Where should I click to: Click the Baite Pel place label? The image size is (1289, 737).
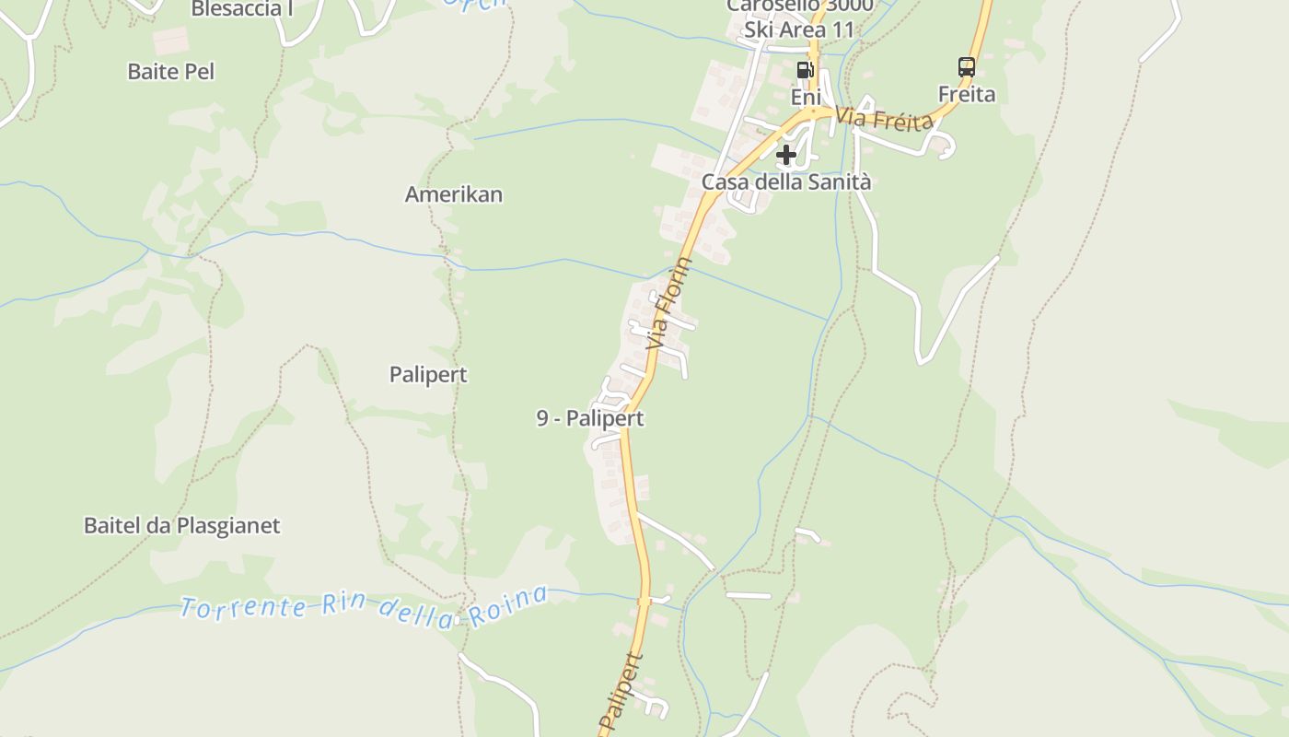[170, 71]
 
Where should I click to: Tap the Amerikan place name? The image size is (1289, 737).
[454, 194]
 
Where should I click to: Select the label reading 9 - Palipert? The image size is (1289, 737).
[590, 418]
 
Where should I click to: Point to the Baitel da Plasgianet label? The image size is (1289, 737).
[181, 526]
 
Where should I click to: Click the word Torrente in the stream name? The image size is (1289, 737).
[244, 607]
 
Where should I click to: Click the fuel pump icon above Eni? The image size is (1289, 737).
[806, 70]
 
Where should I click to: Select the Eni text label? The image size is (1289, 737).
[806, 98]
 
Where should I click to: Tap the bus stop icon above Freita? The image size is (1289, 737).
[966, 66]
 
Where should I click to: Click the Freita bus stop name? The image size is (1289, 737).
[967, 94]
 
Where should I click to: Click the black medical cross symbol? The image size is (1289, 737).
[785, 155]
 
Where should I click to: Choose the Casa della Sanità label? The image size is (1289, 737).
[786, 182]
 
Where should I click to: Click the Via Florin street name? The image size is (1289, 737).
[668, 304]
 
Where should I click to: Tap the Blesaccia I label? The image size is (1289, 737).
[241, 9]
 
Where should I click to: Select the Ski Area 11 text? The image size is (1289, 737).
[799, 29]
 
